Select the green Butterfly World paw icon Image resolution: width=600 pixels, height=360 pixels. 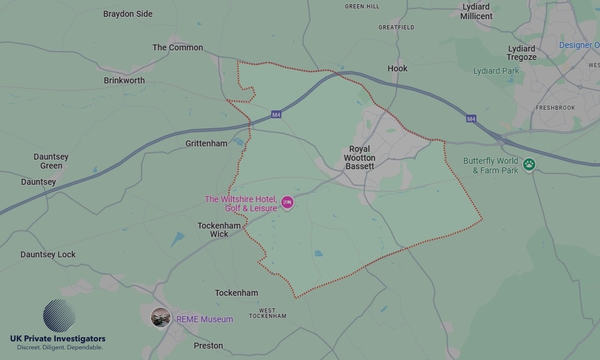[529, 164]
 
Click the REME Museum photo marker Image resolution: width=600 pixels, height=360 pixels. [160, 317]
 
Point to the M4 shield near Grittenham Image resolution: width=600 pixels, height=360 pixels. [276, 115]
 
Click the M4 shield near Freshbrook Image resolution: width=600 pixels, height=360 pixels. [472, 119]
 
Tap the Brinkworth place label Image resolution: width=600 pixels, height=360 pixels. [124, 80]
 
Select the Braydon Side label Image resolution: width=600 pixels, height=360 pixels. [128, 14]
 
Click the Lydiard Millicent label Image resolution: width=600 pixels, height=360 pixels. [476, 12]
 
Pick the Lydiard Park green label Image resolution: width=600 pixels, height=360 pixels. [496, 71]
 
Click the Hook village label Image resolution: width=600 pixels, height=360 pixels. [397, 68]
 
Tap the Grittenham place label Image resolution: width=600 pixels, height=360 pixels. [206, 143]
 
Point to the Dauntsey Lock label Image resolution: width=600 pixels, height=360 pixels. [48, 254]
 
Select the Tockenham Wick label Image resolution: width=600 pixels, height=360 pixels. [219, 230]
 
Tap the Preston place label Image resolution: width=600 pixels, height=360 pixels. [208, 346]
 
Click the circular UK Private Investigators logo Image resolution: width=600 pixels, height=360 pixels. [59, 316]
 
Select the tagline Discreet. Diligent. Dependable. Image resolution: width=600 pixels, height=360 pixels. [59, 347]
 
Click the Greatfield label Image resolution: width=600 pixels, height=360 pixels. [396, 28]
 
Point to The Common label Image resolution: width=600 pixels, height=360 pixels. [178, 47]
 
